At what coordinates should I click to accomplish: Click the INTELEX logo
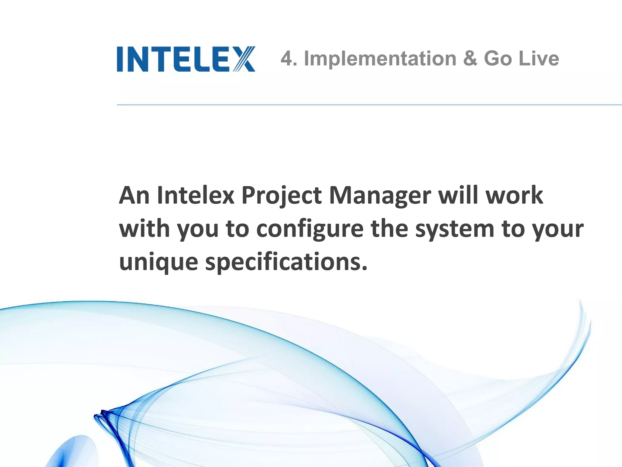point(186,59)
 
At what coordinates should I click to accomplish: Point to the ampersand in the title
point(470,58)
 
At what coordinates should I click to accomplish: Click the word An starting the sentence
point(134,195)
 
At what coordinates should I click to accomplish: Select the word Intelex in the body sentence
point(196,195)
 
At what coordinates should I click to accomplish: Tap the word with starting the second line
point(145,229)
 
